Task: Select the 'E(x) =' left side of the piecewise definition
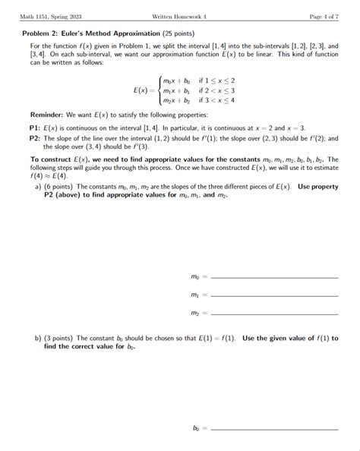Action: pos(142,90)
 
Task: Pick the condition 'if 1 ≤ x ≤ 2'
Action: pos(217,80)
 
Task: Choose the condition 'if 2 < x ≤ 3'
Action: pos(217,90)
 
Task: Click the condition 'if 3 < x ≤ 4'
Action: pos(217,99)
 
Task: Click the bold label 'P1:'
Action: pos(35,128)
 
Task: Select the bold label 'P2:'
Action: pos(35,139)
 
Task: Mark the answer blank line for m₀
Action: pos(273,278)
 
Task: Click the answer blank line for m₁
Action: pos(273,295)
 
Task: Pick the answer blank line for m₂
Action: pos(273,314)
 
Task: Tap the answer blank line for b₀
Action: pos(273,429)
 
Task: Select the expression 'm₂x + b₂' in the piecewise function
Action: pos(177,99)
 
